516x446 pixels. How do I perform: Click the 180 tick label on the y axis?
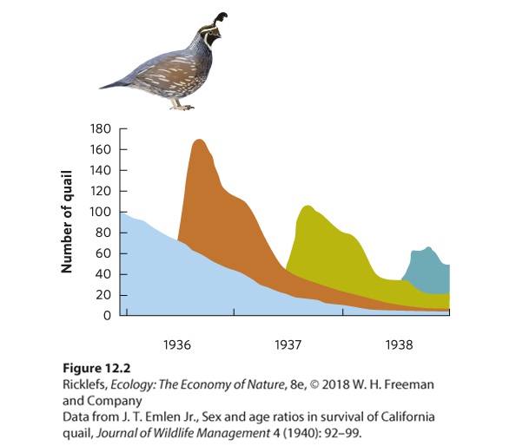point(101,128)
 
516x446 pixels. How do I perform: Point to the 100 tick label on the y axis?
point(101,212)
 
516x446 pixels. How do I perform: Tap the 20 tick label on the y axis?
point(103,295)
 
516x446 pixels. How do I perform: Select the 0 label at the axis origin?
point(107,316)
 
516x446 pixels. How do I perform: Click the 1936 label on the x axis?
point(177,344)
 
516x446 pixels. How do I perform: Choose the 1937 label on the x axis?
point(288,344)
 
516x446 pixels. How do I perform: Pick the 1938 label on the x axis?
point(399,344)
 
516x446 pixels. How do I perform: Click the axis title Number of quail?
point(67,222)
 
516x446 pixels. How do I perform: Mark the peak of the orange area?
point(200,140)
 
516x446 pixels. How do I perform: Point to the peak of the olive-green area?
point(308,206)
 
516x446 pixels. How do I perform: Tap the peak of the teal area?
point(428,247)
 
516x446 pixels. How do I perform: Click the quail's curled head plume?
point(221,19)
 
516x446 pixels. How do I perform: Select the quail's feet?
point(182,106)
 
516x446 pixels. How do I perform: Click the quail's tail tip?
point(100,88)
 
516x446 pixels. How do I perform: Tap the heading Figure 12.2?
point(96,368)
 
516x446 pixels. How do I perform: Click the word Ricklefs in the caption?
point(85,384)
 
